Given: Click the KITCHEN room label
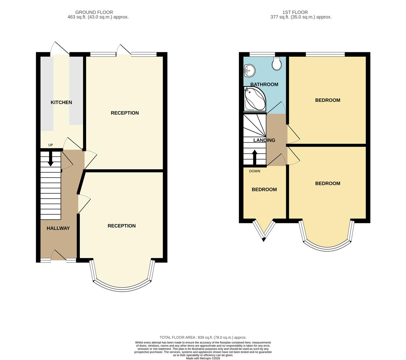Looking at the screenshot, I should point(61,102).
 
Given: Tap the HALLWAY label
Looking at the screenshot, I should point(58,228).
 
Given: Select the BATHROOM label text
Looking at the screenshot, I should point(264,85).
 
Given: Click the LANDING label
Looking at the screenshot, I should point(264,140).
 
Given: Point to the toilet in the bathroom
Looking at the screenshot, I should point(277,64).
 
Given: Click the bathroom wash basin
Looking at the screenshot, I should point(249,70).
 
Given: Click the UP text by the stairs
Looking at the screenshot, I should point(51,145).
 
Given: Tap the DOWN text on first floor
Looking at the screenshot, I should point(255,171).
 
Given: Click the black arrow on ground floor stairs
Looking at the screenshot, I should point(50,159).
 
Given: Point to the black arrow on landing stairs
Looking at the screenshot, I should point(255,157).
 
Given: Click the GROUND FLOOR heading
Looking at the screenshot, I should point(94,12).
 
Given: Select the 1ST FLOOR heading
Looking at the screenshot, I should point(295,12).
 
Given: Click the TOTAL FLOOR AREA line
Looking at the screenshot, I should point(203,337).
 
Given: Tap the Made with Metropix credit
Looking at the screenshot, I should point(203,358).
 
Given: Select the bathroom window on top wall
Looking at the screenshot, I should point(262,54).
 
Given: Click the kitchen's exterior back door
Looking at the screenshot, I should point(60,48).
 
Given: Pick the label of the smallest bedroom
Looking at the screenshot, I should point(264,190).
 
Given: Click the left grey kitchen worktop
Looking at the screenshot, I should point(47,93).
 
